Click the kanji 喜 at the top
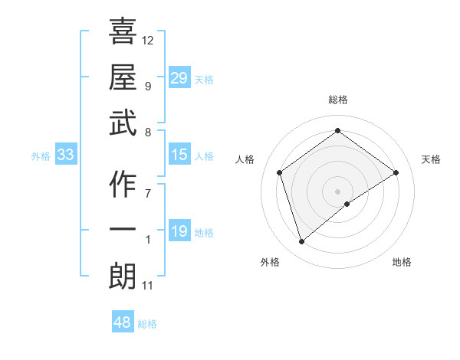click(x=123, y=32)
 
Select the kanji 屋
click(x=123, y=76)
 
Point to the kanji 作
click(x=123, y=184)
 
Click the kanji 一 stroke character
click(x=123, y=231)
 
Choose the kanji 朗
click(x=123, y=276)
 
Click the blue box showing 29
click(x=179, y=77)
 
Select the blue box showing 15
click(x=179, y=155)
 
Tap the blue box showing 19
click(x=179, y=231)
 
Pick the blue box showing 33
click(x=66, y=155)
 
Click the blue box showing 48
click(x=123, y=322)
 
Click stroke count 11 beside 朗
click(x=148, y=286)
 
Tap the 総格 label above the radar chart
click(x=337, y=100)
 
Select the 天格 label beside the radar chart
click(x=432, y=159)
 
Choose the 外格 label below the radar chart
click(x=270, y=262)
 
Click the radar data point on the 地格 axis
click(x=347, y=204)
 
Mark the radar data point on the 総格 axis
click(x=337, y=131)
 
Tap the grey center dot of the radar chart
click(x=337, y=190)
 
